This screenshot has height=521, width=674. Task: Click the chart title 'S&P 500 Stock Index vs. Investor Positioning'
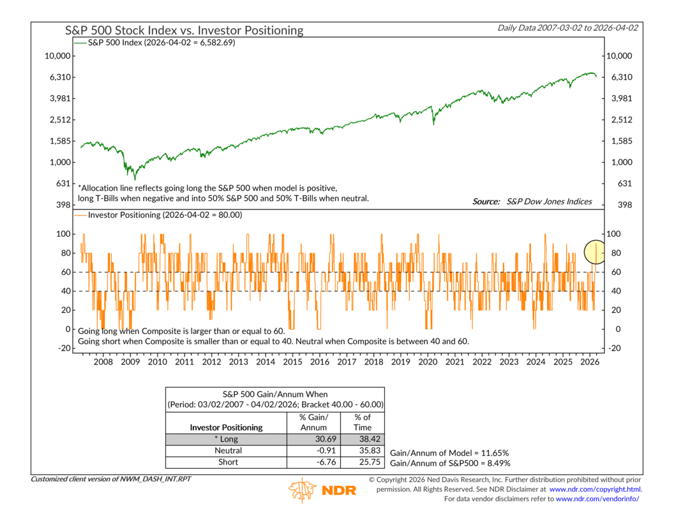click(184, 30)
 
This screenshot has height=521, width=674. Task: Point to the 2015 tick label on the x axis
click(292, 362)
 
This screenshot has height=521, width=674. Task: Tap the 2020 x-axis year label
click(428, 362)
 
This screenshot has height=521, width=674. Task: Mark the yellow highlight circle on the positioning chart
click(595, 252)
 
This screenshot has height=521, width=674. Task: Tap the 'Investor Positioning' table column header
click(226, 427)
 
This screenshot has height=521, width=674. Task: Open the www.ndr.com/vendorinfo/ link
click(597, 499)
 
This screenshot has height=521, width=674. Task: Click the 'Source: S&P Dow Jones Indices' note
click(532, 202)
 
